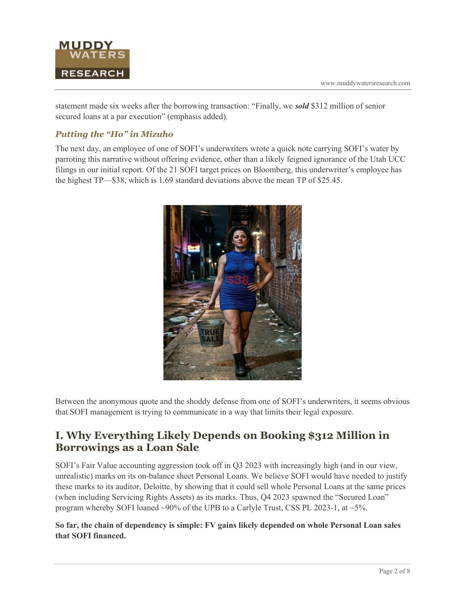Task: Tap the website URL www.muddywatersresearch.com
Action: click(x=365, y=83)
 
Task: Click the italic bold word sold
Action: click(x=302, y=106)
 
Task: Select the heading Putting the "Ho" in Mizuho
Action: click(x=114, y=134)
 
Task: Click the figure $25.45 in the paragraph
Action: click(x=329, y=180)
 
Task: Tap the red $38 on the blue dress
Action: click(x=238, y=280)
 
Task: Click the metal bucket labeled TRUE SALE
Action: click(x=210, y=333)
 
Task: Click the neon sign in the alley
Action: click(x=194, y=248)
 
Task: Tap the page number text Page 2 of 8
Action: click(x=394, y=571)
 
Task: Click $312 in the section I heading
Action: click(x=321, y=436)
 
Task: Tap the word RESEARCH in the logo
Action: click(x=92, y=73)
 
